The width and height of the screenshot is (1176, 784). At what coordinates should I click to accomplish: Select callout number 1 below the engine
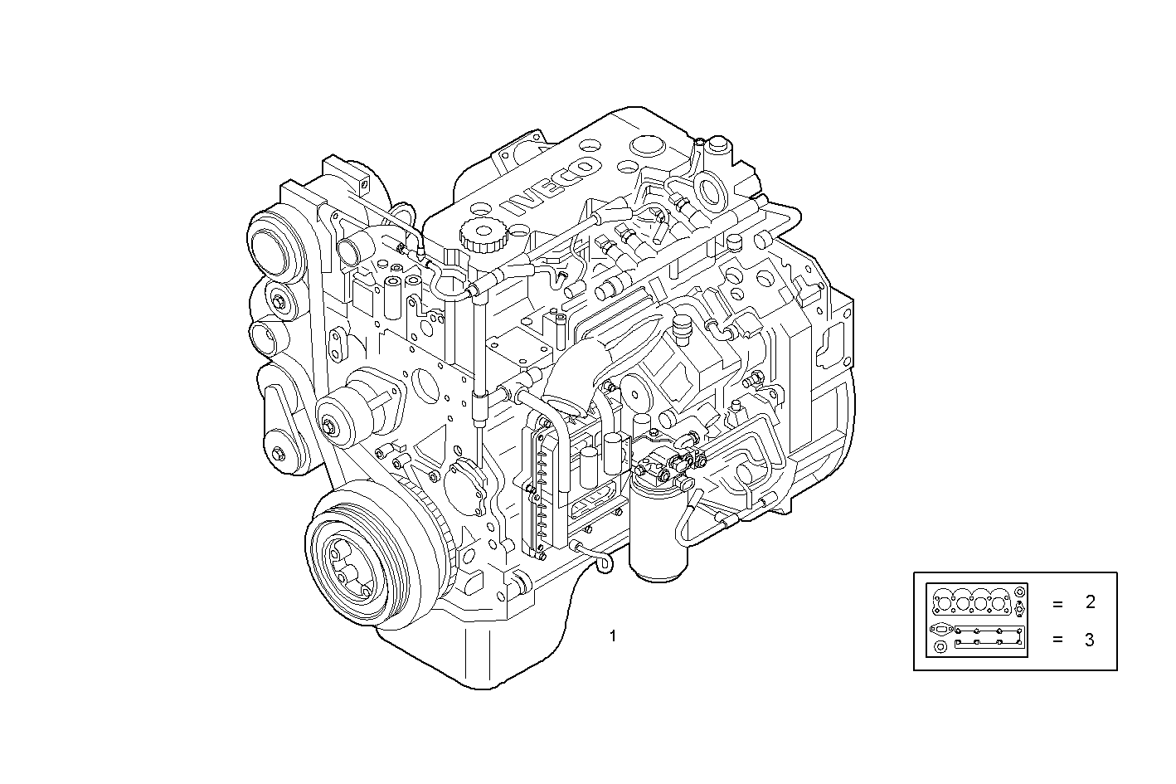pos(612,637)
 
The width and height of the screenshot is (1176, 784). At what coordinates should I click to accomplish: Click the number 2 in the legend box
pos(1090,603)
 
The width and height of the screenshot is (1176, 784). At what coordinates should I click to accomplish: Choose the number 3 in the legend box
pos(1090,640)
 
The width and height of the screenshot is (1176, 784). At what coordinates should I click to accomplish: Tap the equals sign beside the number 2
pos(1057,604)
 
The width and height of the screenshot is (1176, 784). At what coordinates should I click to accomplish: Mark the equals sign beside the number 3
pos(1057,640)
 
